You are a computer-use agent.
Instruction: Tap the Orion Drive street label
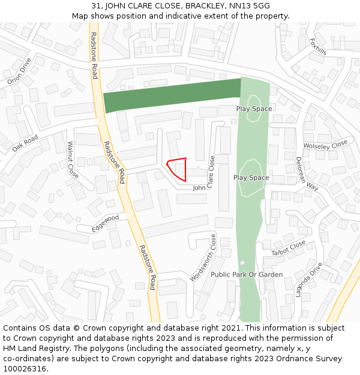point(19,71)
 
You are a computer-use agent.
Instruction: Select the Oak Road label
point(25,143)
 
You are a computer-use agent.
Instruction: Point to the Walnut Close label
point(73,160)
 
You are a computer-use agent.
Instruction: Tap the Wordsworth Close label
point(204,258)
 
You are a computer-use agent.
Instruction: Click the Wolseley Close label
point(325,145)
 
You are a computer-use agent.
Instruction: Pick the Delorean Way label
point(307,173)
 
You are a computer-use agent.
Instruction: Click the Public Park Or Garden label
point(247,274)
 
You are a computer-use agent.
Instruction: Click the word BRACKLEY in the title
point(205,5)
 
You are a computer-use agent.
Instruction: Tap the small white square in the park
point(242,263)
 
